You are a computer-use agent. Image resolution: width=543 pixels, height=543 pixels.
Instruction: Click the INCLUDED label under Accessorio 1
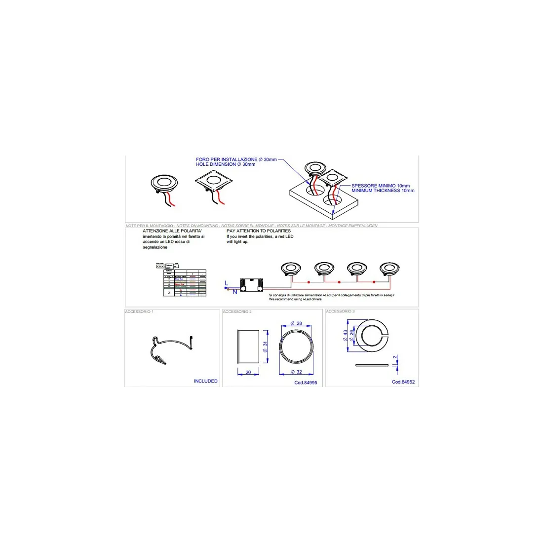pos(205,381)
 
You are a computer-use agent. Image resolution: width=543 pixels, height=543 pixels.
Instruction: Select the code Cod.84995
pos(306,383)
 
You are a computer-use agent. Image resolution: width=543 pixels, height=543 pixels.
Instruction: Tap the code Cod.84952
pos(403,382)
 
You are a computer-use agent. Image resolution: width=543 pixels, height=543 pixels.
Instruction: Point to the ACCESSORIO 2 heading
pos(237,312)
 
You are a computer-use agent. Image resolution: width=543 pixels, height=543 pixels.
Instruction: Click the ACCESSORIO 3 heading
pos(340,311)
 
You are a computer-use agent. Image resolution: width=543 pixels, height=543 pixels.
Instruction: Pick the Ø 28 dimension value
pos(296,323)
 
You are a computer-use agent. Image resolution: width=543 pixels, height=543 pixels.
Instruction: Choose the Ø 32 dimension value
pos(296,372)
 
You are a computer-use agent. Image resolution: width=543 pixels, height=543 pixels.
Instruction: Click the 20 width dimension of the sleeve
pos(248,373)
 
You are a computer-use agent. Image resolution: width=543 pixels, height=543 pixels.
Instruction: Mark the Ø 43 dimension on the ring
pos(345,336)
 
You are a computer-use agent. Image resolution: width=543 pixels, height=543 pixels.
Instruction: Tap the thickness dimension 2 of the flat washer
pos(395,357)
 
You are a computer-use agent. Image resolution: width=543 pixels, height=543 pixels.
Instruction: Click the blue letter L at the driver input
pos(226,283)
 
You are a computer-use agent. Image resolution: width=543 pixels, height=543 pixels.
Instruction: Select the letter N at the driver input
pos(234,292)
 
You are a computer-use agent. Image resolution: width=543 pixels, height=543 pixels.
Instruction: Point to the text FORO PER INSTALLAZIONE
pos(227,159)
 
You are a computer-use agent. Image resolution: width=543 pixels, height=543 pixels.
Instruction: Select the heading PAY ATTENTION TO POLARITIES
pos(259,231)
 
